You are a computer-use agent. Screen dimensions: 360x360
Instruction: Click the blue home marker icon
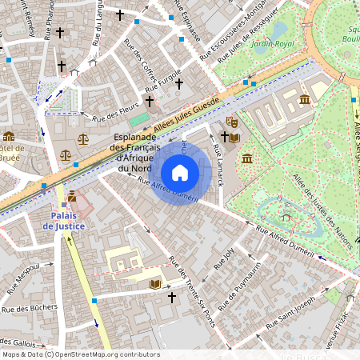(x=180, y=172)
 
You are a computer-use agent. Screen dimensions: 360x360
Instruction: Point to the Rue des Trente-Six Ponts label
(x=192, y=291)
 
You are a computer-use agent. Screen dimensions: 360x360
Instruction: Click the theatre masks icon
(x=232, y=122)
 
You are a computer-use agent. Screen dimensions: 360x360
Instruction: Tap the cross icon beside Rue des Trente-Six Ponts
(x=171, y=297)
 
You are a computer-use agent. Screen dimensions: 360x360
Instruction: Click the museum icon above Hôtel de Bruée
(x=9, y=135)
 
